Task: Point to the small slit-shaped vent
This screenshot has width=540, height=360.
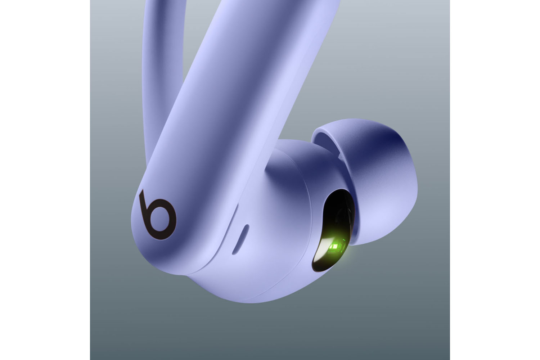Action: click(240, 239)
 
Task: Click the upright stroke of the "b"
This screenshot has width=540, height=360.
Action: click(144, 207)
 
